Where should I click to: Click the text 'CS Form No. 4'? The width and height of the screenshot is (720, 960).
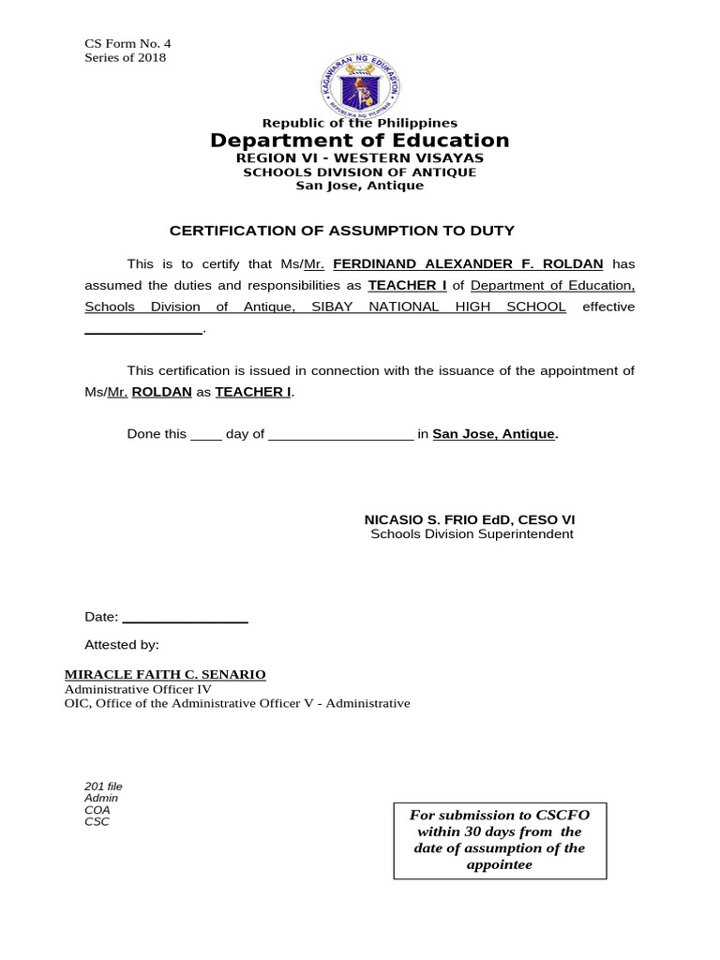[x=127, y=43]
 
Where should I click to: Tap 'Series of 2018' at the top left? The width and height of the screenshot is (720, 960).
[x=125, y=57]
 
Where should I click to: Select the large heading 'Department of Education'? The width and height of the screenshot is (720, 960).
[x=360, y=141]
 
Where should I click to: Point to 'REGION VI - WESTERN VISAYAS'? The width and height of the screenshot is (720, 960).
[x=360, y=158]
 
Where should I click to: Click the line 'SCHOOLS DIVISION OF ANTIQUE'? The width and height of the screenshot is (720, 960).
[x=360, y=172]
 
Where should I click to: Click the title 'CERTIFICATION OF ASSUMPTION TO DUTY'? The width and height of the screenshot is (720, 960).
[x=341, y=231]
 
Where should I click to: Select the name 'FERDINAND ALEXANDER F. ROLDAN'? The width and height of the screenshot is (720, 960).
[x=468, y=264]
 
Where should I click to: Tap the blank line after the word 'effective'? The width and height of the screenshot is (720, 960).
[x=143, y=330]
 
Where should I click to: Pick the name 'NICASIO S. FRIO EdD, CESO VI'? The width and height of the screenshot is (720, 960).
[x=470, y=519]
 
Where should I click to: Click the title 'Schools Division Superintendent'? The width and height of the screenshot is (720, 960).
[x=472, y=534]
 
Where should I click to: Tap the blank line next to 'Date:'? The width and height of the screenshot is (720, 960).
[x=185, y=619]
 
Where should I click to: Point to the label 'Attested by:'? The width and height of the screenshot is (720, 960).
[x=122, y=645]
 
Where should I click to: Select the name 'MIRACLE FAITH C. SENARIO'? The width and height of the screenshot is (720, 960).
[x=165, y=675]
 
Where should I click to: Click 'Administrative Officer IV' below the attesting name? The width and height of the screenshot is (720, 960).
[x=138, y=689]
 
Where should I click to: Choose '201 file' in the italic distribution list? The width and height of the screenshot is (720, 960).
[x=103, y=787]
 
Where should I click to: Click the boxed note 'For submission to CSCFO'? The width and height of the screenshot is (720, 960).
[x=500, y=816]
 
